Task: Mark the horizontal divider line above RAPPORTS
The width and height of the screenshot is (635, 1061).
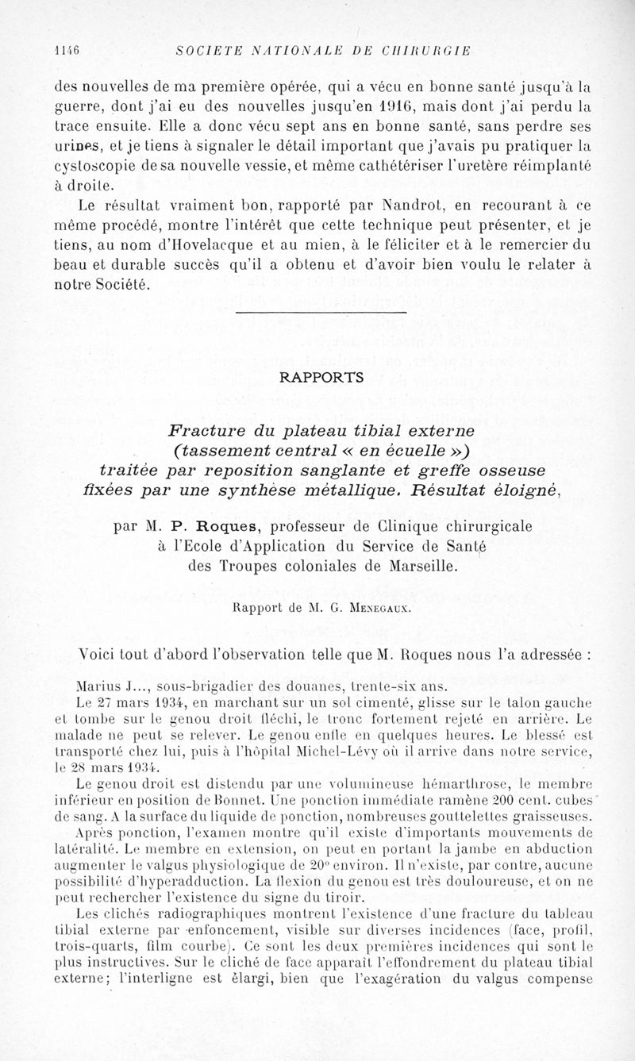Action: (x=321, y=313)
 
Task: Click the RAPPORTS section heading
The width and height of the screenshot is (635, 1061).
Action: (x=321, y=379)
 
